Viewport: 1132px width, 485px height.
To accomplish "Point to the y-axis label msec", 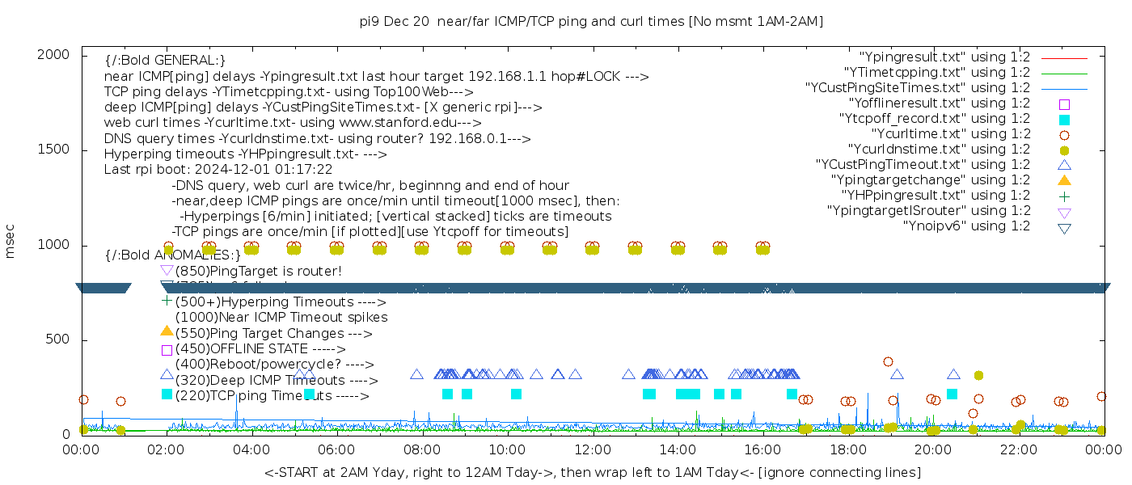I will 11,241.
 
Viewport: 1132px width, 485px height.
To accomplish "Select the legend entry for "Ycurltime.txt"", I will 950,134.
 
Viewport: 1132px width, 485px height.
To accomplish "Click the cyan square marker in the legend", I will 1064,120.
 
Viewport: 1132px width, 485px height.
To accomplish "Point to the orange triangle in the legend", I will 1064,180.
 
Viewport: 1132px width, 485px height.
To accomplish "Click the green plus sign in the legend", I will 1064,196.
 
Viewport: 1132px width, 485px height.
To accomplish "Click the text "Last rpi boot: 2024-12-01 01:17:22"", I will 218,170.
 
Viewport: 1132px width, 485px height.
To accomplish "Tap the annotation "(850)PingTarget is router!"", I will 258,271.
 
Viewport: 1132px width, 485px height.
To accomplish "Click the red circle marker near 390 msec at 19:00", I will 888,362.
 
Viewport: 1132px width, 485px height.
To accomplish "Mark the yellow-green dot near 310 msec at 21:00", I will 978,375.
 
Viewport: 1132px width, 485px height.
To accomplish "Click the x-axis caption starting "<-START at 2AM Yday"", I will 592,472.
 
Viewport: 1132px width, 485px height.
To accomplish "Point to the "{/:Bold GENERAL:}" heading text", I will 165,61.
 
